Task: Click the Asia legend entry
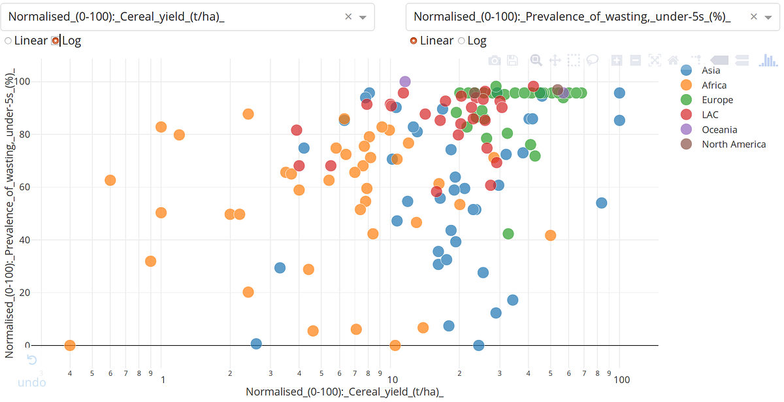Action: pyautogui.click(x=711, y=71)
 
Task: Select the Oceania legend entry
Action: pyautogui.click(x=719, y=129)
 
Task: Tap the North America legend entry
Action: pyautogui.click(x=733, y=144)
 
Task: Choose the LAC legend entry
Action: pyautogui.click(x=710, y=115)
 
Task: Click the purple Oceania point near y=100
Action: pyautogui.click(x=405, y=82)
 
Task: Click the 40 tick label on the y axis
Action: pyautogui.click(x=27, y=240)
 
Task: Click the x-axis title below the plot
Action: pyautogui.click(x=344, y=392)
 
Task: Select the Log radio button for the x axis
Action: pyautogui.click(x=56, y=41)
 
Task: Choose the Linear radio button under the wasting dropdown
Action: pyautogui.click(x=414, y=41)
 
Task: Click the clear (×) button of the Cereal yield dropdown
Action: pyautogui.click(x=348, y=17)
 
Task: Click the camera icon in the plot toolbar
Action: pyautogui.click(x=495, y=61)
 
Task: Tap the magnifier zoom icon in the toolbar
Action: pyautogui.click(x=536, y=61)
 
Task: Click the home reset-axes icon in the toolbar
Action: pyautogui.click(x=673, y=61)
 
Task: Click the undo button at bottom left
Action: pyautogui.click(x=31, y=371)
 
